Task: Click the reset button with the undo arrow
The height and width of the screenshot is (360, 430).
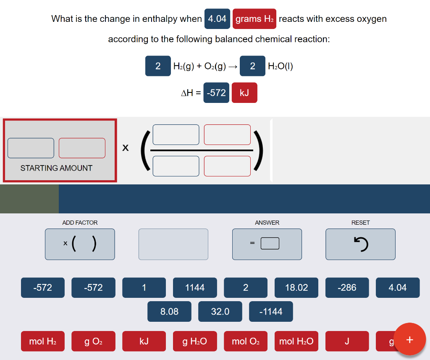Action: (x=360, y=244)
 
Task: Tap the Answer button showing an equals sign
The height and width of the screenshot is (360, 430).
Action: (x=267, y=244)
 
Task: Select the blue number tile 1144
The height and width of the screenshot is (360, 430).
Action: (x=195, y=288)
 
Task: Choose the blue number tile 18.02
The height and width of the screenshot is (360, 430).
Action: (x=296, y=288)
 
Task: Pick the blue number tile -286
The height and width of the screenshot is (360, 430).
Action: (x=347, y=288)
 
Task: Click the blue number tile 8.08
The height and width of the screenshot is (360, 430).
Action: (x=169, y=312)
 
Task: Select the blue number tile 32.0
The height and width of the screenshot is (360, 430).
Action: (x=220, y=312)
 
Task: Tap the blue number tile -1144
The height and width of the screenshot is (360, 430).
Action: (x=271, y=312)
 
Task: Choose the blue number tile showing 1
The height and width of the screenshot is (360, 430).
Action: (x=144, y=288)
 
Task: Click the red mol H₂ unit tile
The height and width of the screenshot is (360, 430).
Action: (x=43, y=342)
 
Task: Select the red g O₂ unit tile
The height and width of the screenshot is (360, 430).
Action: (x=93, y=342)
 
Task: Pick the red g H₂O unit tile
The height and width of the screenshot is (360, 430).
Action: (x=195, y=342)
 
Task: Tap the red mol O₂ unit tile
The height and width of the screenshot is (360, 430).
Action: (x=246, y=342)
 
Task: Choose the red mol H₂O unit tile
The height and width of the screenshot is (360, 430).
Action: (x=296, y=342)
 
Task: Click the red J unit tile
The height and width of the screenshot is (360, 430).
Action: (x=347, y=342)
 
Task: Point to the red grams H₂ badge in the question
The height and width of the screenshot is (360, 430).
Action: (x=254, y=19)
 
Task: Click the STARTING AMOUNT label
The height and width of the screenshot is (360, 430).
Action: (x=56, y=168)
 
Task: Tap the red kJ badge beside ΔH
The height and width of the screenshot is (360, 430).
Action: (x=244, y=93)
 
